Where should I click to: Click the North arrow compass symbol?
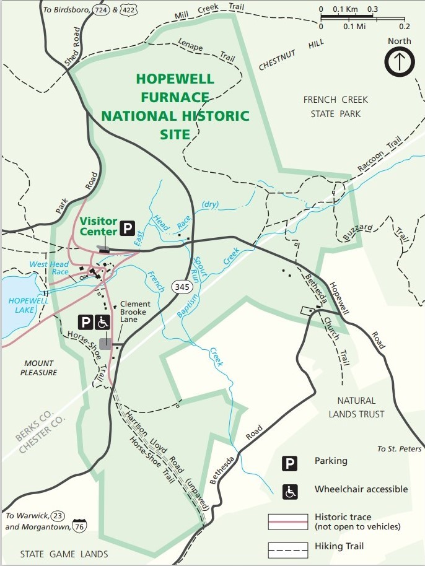[400, 62]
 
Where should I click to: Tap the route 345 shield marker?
[182, 287]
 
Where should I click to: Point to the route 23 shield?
[58, 515]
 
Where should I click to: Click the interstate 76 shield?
[79, 527]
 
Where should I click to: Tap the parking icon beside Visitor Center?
[127, 228]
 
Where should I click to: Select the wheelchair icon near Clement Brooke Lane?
[103, 322]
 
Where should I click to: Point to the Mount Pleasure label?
[38, 368]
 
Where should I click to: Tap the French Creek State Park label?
[335, 107]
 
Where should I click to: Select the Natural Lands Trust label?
[357, 407]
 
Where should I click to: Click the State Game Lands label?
[64, 554]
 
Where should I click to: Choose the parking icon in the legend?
[289, 461]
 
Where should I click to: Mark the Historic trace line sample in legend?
[287, 521]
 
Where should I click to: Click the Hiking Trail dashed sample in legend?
[287, 547]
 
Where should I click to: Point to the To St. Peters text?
[400, 449]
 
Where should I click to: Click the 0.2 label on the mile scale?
[404, 27]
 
